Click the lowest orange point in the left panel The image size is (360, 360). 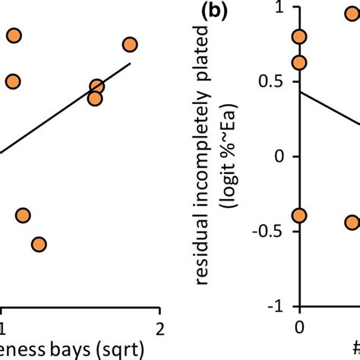(x=39, y=244)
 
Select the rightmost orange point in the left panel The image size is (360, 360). (x=130, y=45)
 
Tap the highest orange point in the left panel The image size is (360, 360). (x=14, y=35)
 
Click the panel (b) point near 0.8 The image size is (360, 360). (x=300, y=36)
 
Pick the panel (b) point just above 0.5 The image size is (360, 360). (x=300, y=62)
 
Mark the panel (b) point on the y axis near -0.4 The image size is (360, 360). (x=300, y=216)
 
